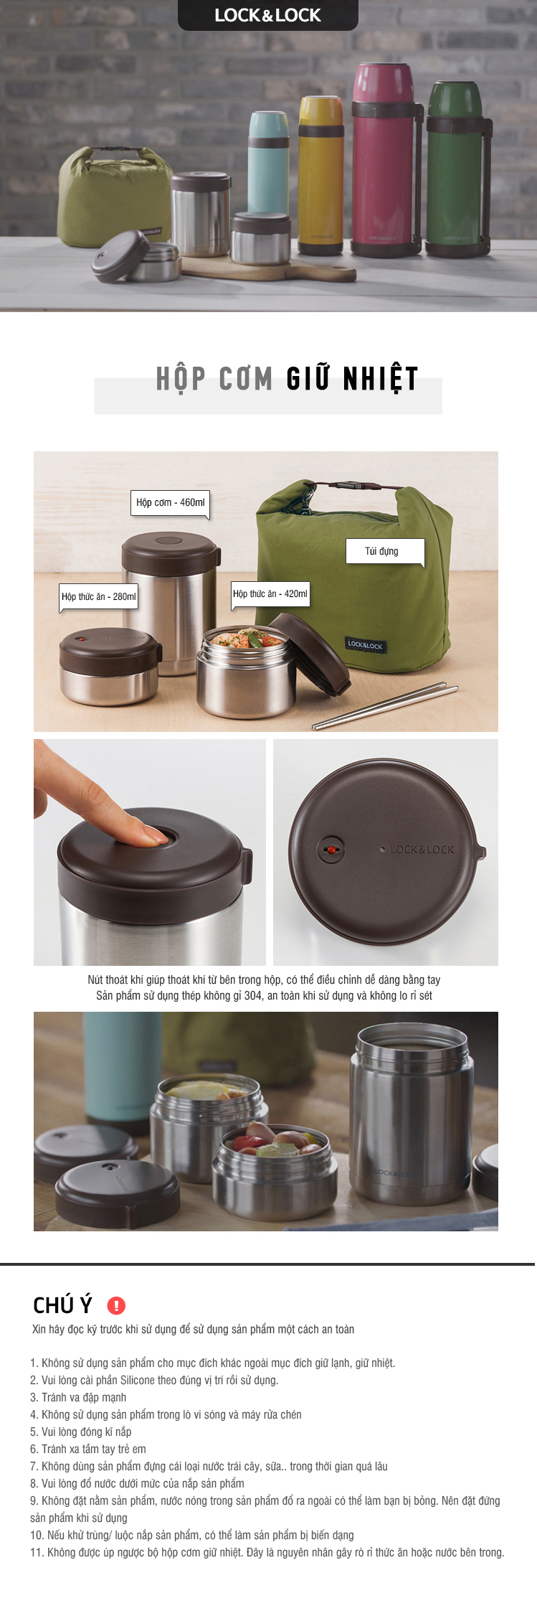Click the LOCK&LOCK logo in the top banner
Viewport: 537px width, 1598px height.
pyautogui.click(x=267, y=15)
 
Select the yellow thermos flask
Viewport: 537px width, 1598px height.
pyautogui.click(x=320, y=176)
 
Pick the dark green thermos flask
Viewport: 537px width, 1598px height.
pyautogui.click(x=457, y=169)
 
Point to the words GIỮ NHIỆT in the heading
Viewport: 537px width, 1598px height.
pyautogui.click(x=352, y=379)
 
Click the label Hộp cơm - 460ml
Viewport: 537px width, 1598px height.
pyautogui.click(x=171, y=502)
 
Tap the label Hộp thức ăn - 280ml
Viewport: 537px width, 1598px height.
pyautogui.click(x=98, y=596)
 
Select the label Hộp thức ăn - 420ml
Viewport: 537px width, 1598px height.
pyautogui.click(x=270, y=594)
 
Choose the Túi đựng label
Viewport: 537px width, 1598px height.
pyautogui.click(x=385, y=551)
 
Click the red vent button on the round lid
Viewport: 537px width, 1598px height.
pyautogui.click(x=331, y=850)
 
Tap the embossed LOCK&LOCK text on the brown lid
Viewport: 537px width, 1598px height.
pyautogui.click(x=422, y=850)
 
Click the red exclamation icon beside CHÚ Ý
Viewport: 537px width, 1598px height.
pyautogui.click(x=116, y=1305)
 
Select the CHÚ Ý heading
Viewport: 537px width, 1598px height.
pyautogui.click(x=63, y=1305)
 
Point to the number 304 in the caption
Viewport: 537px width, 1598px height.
pyautogui.click(x=253, y=995)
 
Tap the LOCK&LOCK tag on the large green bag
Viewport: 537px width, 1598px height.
pyautogui.click(x=365, y=644)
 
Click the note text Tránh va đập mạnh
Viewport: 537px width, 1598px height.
pyautogui.click(x=84, y=1397)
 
